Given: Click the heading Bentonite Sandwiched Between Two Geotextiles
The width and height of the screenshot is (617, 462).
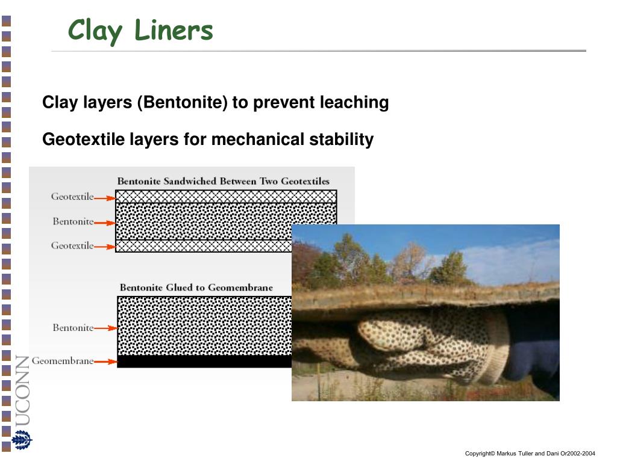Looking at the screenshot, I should pyautogui.click(x=223, y=181).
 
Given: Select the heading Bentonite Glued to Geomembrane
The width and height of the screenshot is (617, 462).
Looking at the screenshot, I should pyautogui.click(x=196, y=288).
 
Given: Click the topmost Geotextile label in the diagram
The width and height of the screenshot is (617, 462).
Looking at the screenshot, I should pyautogui.click(x=72, y=197).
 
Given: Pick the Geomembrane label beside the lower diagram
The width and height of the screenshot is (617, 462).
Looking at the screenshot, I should pyautogui.click(x=63, y=362).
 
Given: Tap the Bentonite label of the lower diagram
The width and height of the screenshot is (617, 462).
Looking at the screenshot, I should pyautogui.click(x=73, y=328).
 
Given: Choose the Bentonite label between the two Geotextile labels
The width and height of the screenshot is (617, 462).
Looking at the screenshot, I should pyautogui.click(x=73, y=221).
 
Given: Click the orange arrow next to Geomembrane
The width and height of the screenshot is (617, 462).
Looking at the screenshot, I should pyautogui.click(x=105, y=362).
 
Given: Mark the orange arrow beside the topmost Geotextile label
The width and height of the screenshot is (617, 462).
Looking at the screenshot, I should pyautogui.click(x=105, y=197).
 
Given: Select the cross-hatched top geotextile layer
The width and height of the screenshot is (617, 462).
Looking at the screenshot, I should pyautogui.click(x=226, y=197).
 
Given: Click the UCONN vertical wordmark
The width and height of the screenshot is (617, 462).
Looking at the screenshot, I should pyautogui.click(x=22, y=390).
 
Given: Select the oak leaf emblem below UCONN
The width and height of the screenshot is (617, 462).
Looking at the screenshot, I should pyautogui.click(x=22, y=440).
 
